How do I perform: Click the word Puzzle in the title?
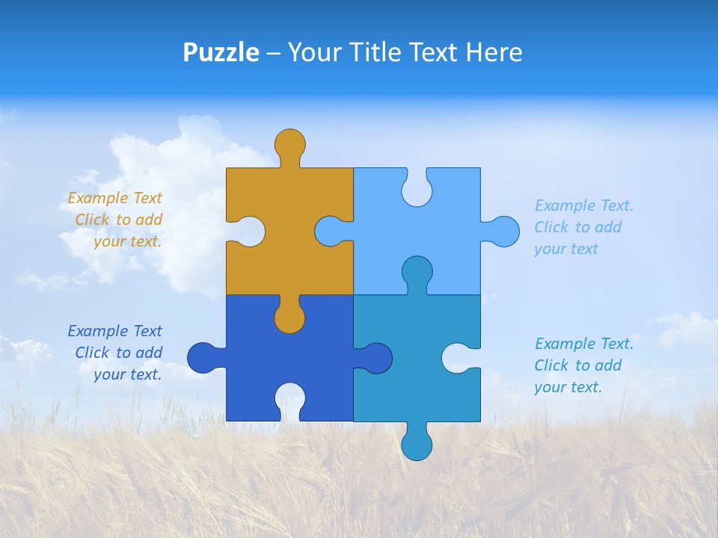pos(221,52)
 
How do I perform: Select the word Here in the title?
pos(494,52)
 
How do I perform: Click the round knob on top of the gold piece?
pos(289,143)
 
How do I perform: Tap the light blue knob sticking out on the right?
pos(503,231)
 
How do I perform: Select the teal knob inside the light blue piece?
pos(417,271)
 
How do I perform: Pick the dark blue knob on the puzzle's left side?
pos(203,358)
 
